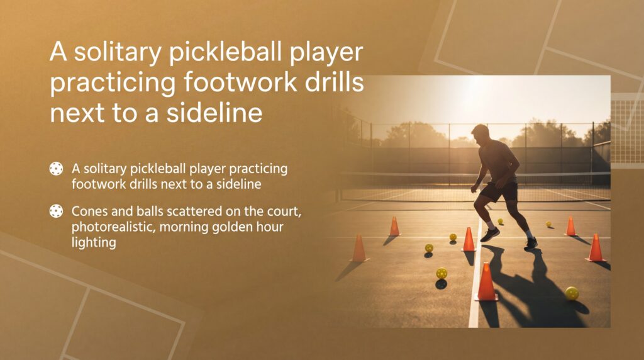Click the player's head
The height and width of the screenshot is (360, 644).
[x=480, y=134]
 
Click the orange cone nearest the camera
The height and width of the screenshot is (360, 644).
[x=486, y=283]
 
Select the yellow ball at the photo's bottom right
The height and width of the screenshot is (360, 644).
[x=571, y=293]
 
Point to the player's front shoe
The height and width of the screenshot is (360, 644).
[x=490, y=234]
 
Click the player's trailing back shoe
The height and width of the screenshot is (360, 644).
[x=531, y=243]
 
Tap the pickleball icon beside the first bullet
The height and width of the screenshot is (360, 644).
[x=56, y=169]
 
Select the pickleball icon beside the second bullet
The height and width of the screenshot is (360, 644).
[x=56, y=211]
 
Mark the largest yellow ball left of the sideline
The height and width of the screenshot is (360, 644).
[x=441, y=273]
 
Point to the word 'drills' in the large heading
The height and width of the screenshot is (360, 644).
[x=330, y=83]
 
